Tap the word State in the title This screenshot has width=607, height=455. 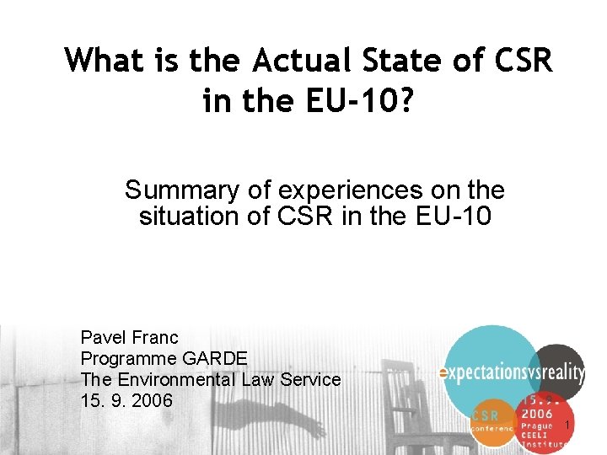click(384, 60)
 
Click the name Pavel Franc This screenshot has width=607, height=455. click(129, 338)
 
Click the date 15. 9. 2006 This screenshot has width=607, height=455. click(126, 400)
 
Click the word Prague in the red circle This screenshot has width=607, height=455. click(537, 426)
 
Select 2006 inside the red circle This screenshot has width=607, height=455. click(537, 413)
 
